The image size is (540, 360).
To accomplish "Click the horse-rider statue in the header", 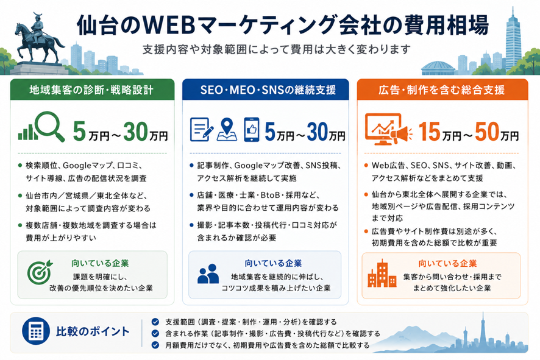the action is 38,41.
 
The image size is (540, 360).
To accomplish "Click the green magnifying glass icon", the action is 50,127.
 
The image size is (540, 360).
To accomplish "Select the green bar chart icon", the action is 27,133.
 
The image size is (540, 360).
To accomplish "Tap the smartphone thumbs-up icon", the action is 251,130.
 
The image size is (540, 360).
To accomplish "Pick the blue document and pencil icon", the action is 202,130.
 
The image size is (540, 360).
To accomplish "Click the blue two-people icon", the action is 208,274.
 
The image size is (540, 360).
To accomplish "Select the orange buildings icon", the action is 382,274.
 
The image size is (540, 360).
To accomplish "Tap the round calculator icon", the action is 36,331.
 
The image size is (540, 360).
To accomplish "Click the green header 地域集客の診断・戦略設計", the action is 92,90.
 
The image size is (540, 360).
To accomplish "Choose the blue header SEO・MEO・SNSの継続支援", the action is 266,90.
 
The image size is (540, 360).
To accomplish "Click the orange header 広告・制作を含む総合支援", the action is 442,90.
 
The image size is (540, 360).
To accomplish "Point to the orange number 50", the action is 487,132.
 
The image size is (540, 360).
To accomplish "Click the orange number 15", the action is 430,132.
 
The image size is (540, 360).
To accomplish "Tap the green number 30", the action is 136,132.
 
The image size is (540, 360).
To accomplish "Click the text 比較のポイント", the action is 93,331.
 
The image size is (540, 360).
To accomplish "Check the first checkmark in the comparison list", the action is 155,322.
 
